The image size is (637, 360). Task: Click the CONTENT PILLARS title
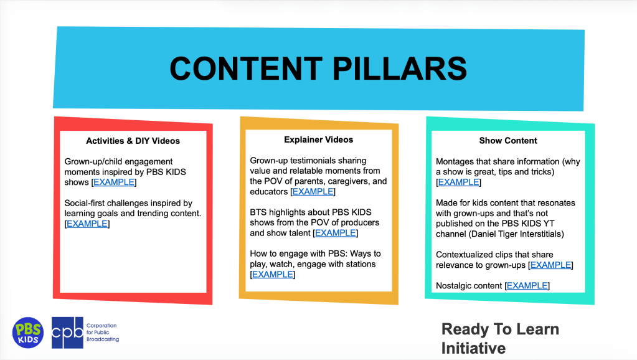tap(318, 69)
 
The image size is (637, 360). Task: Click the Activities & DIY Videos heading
tap(133, 141)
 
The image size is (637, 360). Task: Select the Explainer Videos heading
tap(319, 140)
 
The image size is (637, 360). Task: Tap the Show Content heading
tap(508, 141)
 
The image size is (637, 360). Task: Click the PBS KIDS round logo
tap(28, 333)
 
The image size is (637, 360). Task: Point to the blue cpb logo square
tap(67, 333)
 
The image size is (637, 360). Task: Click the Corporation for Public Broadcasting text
tap(103, 333)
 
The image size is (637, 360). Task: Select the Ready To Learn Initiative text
tap(500, 338)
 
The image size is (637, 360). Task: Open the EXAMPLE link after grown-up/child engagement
tap(114, 182)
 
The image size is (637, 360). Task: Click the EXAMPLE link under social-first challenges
tap(87, 224)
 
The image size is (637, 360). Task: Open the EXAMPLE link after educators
tap(313, 192)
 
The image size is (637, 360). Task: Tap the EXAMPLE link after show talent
tap(336, 233)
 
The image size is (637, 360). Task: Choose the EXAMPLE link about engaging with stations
tap(273, 275)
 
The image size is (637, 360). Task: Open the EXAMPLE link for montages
tap(459, 182)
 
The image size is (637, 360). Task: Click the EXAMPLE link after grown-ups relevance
tap(551, 265)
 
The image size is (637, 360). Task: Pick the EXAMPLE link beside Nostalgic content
tap(527, 286)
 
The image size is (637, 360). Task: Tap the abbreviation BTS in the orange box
tap(258, 212)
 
